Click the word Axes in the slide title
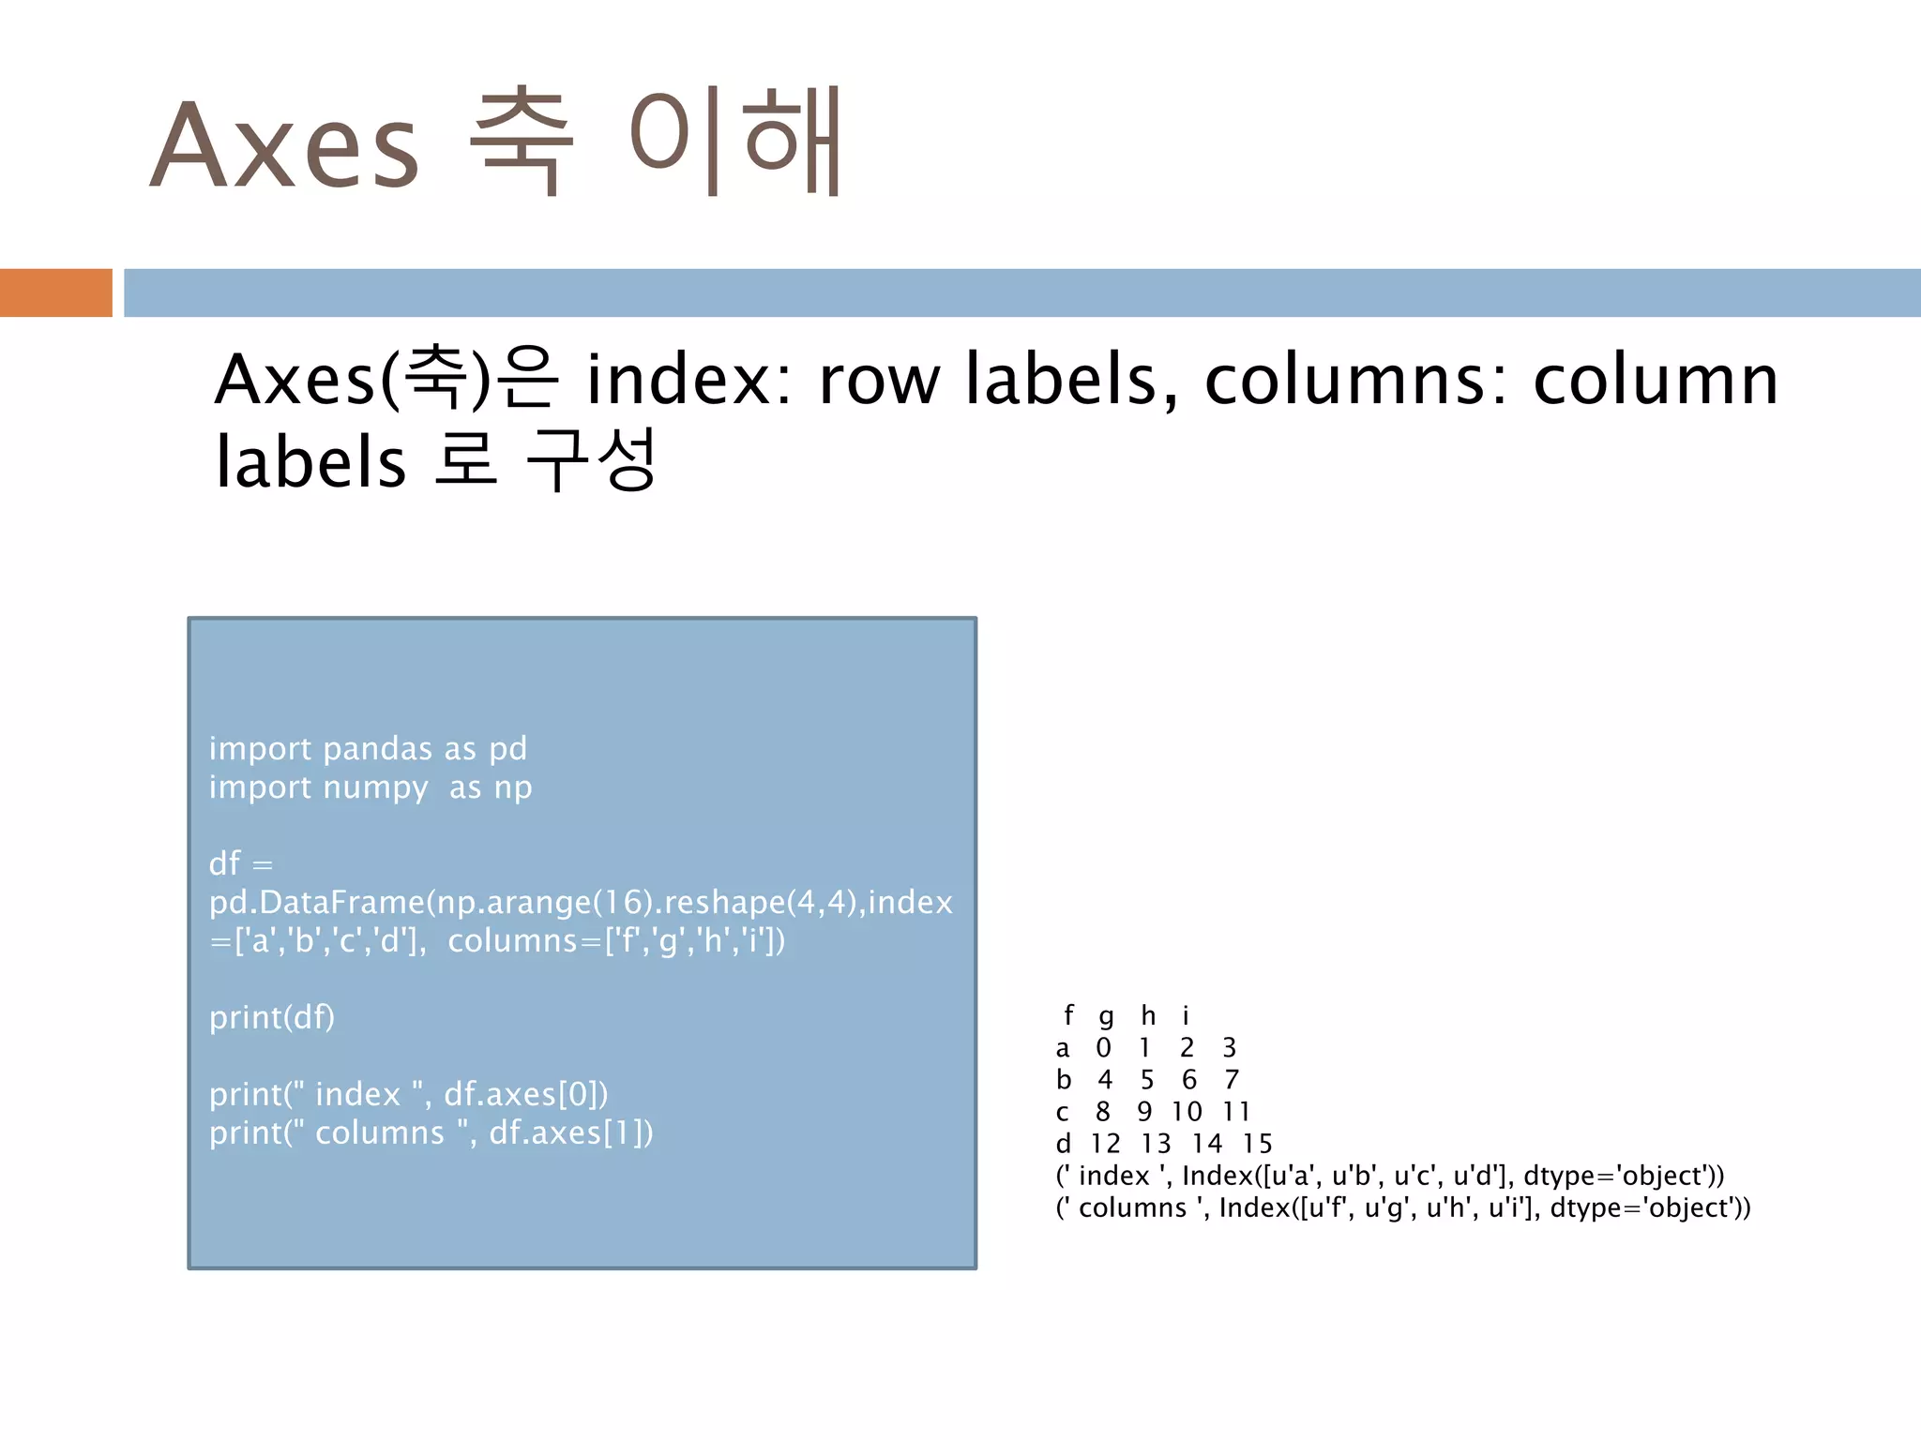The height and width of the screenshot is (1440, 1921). (284, 145)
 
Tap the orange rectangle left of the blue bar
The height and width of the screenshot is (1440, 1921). (55, 292)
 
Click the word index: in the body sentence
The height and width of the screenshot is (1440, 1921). (689, 380)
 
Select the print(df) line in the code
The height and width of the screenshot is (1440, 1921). (272, 1017)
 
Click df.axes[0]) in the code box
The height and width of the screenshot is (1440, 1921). (525, 1094)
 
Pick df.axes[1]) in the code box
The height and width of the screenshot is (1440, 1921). (571, 1132)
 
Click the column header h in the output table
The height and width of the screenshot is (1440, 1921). (1148, 1015)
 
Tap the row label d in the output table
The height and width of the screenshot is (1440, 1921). (1063, 1144)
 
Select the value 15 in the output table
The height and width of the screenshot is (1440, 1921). (1257, 1144)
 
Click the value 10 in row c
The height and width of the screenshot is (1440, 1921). (1187, 1112)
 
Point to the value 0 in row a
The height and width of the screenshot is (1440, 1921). (1103, 1047)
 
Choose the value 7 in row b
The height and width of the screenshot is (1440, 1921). (1232, 1080)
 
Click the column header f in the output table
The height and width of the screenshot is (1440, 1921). (1068, 1015)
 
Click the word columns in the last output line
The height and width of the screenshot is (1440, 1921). (1132, 1207)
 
